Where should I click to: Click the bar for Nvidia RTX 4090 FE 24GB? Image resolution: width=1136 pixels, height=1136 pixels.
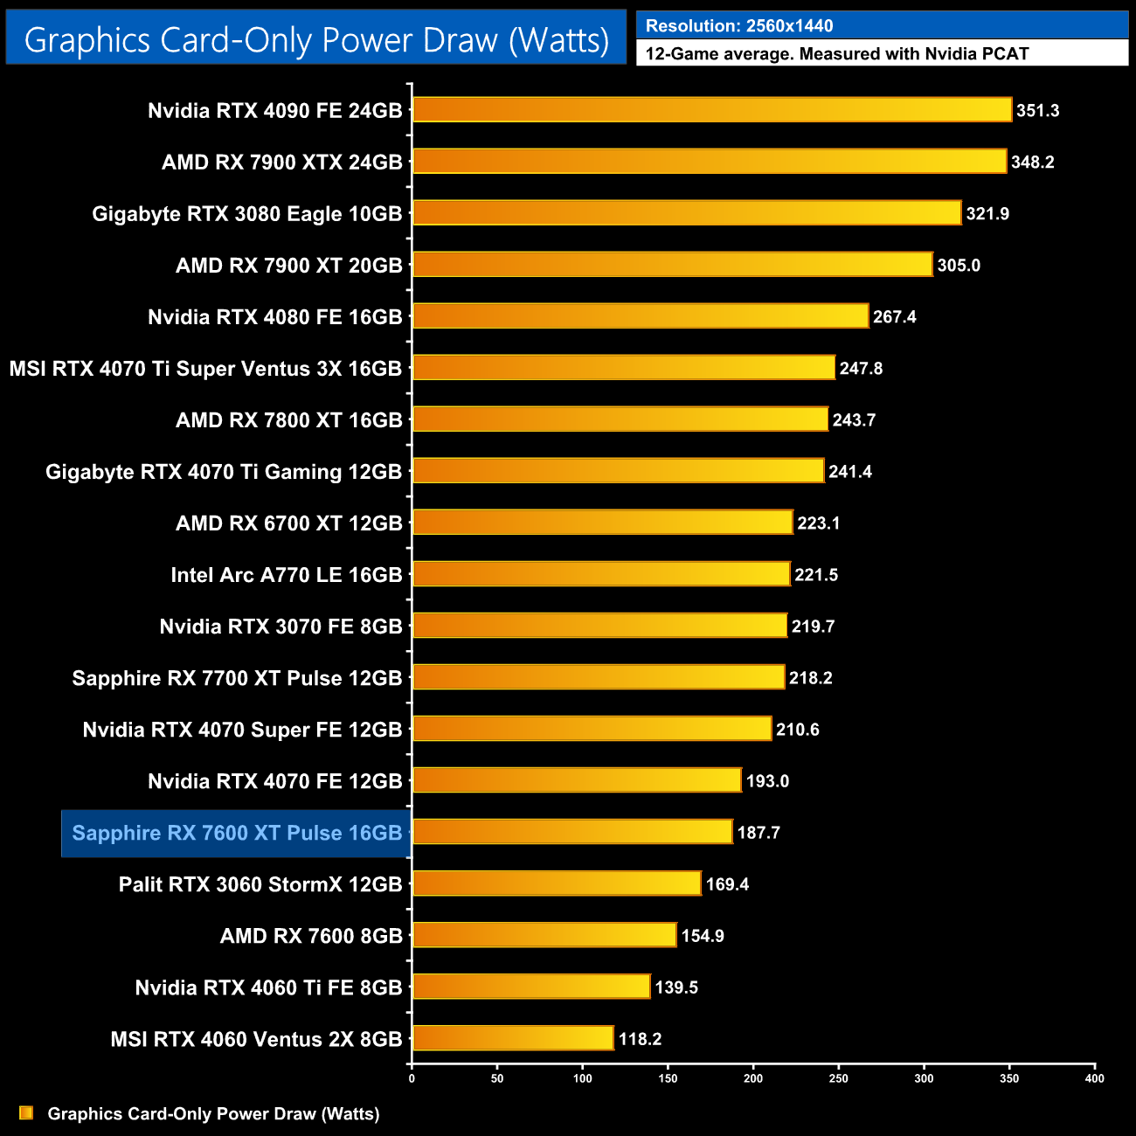tap(712, 110)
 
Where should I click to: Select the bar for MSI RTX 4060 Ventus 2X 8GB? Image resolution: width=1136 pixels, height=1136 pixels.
tap(513, 1038)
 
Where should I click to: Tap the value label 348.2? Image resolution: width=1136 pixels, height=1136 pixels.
tap(1032, 163)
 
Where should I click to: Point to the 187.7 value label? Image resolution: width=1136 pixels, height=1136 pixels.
tap(758, 833)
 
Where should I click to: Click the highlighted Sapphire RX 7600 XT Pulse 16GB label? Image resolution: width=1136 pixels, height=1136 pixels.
tap(237, 833)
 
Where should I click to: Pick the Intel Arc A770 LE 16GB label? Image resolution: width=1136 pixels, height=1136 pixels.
tap(286, 575)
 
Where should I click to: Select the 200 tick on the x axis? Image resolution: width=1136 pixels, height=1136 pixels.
tap(753, 1078)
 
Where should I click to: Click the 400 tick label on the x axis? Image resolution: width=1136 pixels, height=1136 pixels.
tap(1094, 1078)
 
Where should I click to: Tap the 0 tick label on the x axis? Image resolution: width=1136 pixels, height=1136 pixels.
tap(412, 1078)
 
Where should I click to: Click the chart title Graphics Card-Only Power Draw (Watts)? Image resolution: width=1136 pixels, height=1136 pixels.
tap(316, 40)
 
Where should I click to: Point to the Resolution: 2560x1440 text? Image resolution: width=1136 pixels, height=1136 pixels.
tap(739, 26)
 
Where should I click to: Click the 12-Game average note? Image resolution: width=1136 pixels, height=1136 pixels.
tap(836, 54)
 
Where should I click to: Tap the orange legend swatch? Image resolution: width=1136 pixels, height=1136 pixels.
tap(26, 1112)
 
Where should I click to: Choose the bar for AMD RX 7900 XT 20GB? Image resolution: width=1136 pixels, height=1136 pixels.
tap(672, 265)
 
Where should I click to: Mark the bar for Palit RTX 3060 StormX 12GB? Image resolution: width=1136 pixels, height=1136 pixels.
tap(557, 883)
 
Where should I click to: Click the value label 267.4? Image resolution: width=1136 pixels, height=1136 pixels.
tap(894, 317)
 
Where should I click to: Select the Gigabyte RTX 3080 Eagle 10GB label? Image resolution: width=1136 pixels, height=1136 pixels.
tap(246, 214)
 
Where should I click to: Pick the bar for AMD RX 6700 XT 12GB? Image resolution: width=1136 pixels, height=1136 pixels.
tap(602, 523)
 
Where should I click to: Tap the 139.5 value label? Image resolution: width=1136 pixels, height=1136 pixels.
tap(676, 987)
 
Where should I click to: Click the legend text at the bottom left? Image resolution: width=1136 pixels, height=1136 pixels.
tap(213, 1114)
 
